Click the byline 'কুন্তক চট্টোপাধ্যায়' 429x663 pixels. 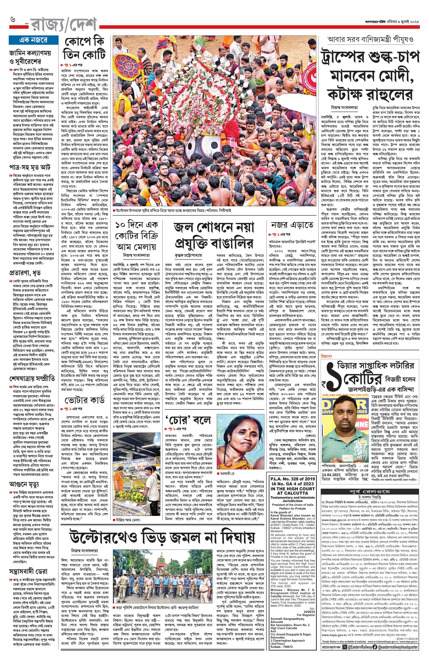point(188,255)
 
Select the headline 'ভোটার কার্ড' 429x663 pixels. point(84,400)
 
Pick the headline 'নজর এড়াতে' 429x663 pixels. point(292,225)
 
